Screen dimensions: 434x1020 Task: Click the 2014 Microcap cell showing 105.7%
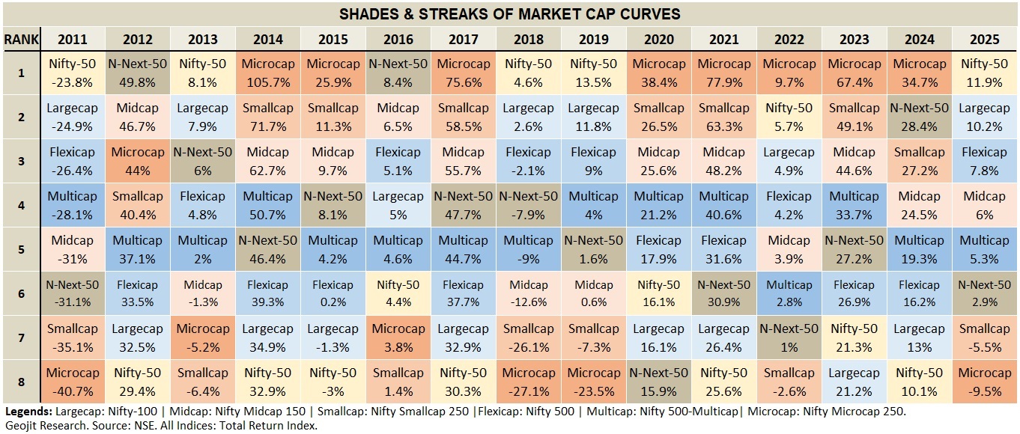click(x=267, y=73)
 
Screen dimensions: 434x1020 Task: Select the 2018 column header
click(x=528, y=40)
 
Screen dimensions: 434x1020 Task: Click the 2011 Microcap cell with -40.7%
click(x=72, y=381)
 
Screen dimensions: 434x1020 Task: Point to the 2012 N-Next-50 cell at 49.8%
click(x=137, y=73)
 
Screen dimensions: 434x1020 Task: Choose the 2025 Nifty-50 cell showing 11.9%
click(x=985, y=73)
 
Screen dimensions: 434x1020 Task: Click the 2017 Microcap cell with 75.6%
click(x=463, y=73)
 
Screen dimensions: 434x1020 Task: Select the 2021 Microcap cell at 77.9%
click(x=723, y=73)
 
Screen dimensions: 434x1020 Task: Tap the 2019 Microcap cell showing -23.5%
click(x=593, y=381)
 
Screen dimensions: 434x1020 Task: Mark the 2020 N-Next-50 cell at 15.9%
click(x=658, y=381)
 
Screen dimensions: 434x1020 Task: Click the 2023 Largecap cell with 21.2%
click(x=854, y=381)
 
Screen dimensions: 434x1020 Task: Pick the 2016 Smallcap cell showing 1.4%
click(x=398, y=381)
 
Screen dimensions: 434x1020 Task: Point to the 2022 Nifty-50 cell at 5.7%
click(x=789, y=117)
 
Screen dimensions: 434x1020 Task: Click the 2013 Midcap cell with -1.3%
click(x=202, y=293)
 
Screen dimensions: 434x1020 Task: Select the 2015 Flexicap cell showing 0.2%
click(x=333, y=293)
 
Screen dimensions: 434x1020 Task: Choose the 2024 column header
click(x=919, y=40)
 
